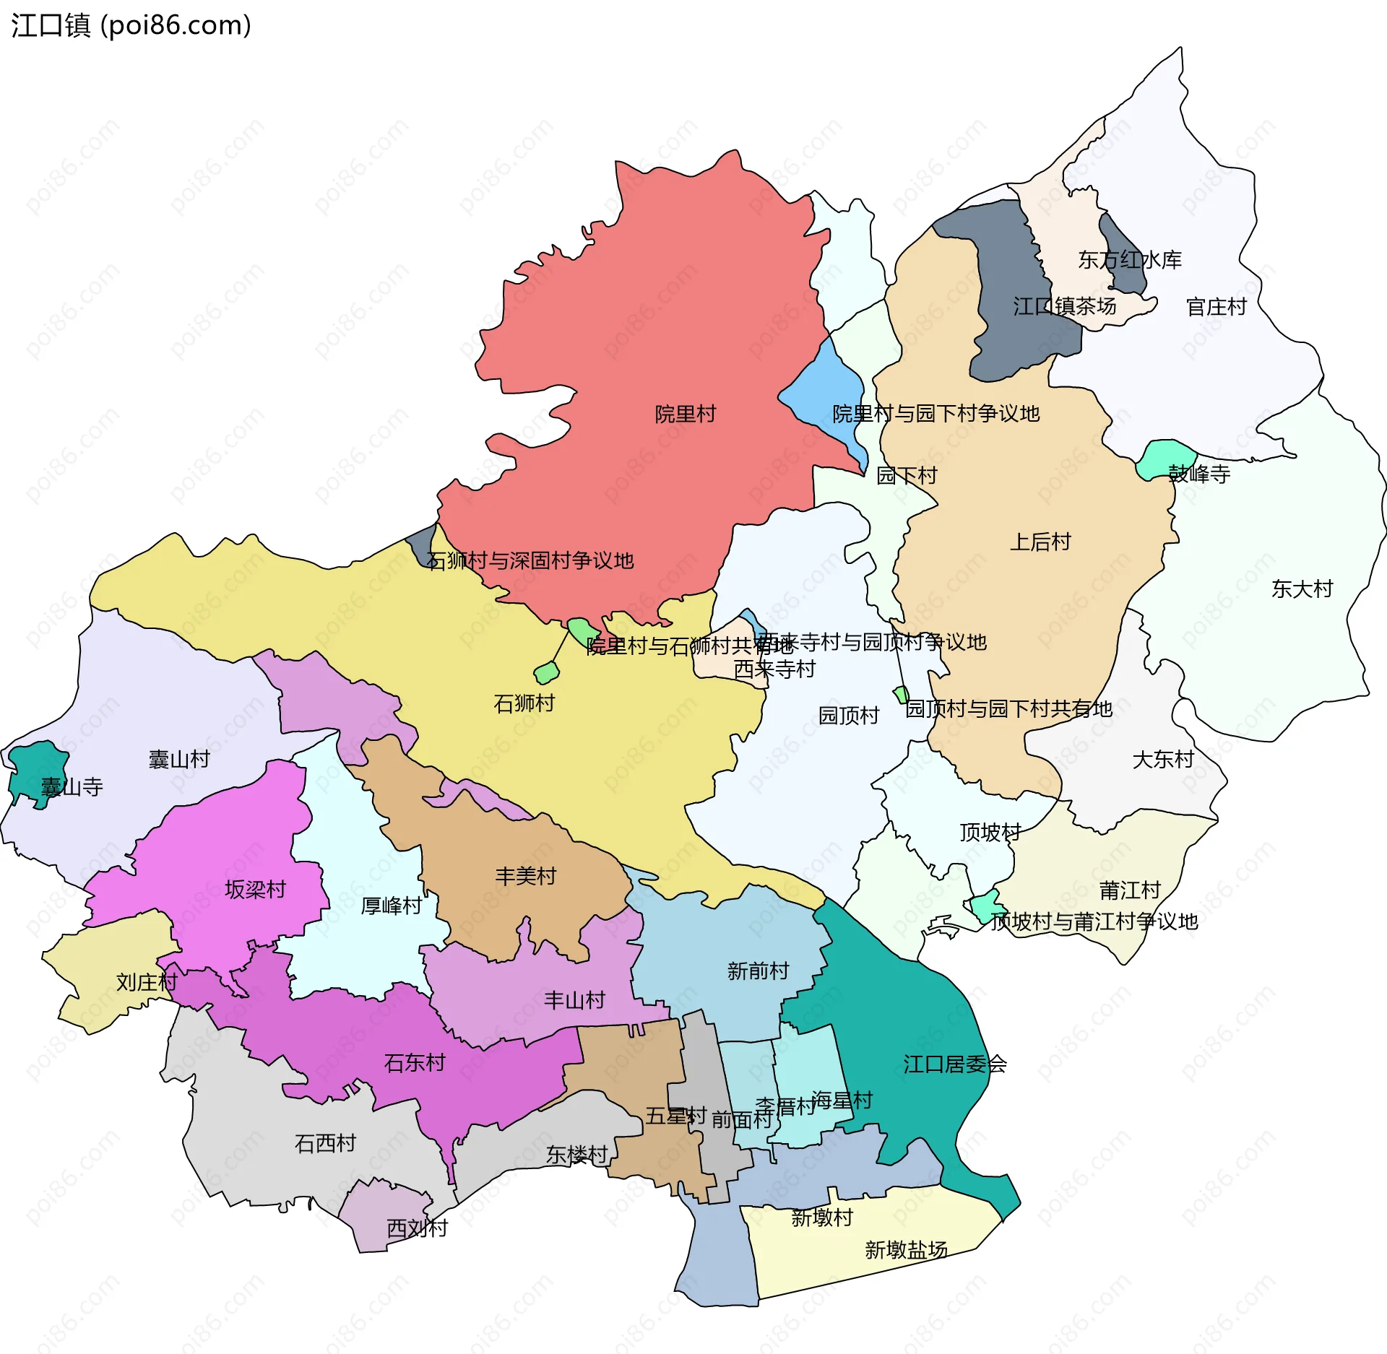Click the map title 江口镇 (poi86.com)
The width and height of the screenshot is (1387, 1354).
pos(131,25)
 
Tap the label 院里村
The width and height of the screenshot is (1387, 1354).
pos(685,414)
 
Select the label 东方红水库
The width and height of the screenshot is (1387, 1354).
pos(1129,260)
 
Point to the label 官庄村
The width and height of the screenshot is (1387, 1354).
pos(1216,307)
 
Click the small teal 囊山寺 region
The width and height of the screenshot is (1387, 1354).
pos(36,769)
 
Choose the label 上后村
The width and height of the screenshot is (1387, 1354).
pos(1040,542)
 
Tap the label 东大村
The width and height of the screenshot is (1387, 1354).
pos(1302,589)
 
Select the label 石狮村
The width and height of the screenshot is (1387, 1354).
pos(524,703)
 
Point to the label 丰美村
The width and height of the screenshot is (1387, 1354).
pos(525,876)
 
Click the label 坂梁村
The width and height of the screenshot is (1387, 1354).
pos(255,889)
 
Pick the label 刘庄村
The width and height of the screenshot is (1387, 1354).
pos(147,982)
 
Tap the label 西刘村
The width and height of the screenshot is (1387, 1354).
pos(417,1228)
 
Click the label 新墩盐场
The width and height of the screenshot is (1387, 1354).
pos(906,1249)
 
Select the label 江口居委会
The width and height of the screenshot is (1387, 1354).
pos(954,1064)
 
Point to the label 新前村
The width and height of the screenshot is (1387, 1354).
pos(758,971)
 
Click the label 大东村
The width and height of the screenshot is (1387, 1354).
pos(1163,759)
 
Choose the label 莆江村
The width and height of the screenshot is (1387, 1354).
pos(1130,890)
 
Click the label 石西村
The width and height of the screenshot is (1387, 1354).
pos(325,1143)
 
